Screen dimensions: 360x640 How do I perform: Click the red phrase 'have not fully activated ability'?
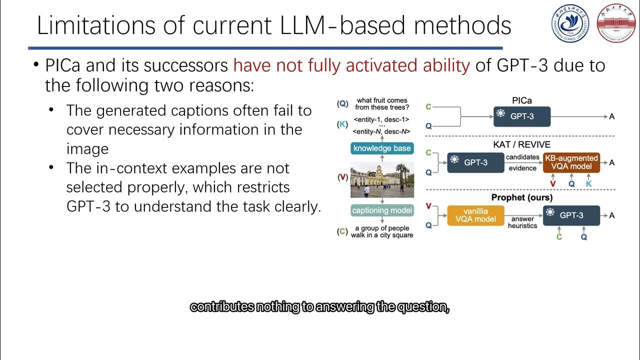coord(351,65)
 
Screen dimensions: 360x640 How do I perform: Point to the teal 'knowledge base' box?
coord(382,148)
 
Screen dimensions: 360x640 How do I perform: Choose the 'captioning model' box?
coord(382,210)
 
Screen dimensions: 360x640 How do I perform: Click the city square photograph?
coord(382,179)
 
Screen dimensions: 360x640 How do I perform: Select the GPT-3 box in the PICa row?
coord(521,116)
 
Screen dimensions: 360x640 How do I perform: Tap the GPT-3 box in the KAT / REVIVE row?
coord(475,162)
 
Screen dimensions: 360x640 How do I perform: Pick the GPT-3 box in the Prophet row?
coord(571,215)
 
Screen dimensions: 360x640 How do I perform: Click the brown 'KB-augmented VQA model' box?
coord(571,162)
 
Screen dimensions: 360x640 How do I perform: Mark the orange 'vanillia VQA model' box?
coord(475,215)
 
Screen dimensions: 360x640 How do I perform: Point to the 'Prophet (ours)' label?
coord(521,197)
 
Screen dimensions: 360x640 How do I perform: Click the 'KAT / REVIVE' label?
coord(521,145)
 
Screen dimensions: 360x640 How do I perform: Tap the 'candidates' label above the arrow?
coord(523,157)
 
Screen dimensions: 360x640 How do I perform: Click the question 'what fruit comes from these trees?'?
coord(381,104)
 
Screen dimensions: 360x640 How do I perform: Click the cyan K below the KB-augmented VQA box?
coord(588,184)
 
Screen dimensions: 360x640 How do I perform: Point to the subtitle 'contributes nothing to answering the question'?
coord(319,307)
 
